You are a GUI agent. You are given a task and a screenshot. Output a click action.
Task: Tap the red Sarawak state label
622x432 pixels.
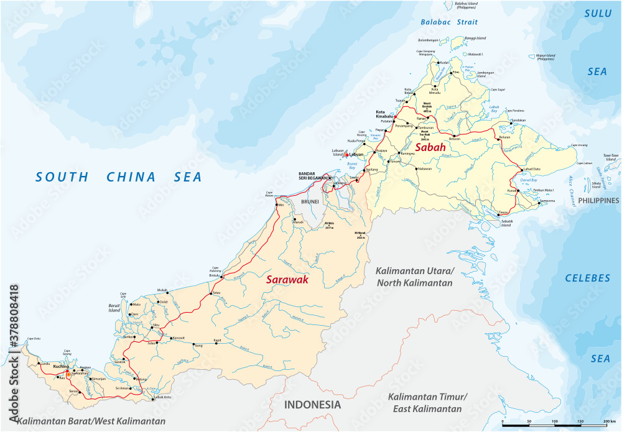point(287,280)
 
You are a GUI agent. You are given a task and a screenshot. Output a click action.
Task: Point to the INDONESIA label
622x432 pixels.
point(312,405)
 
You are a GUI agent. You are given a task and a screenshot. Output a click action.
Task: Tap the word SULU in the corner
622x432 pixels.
point(598,13)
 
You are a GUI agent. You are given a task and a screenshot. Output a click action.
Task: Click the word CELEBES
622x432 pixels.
point(588,278)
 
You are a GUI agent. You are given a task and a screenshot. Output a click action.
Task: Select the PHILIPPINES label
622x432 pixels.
point(598,200)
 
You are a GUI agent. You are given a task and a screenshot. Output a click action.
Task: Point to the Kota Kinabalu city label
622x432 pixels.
point(386,116)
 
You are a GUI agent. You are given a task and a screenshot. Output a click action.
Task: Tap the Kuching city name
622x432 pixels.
point(61,367)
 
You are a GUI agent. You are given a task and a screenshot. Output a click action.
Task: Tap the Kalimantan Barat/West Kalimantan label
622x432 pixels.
point(91,421)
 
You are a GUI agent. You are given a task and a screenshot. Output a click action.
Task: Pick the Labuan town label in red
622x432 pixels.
point(356,154)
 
